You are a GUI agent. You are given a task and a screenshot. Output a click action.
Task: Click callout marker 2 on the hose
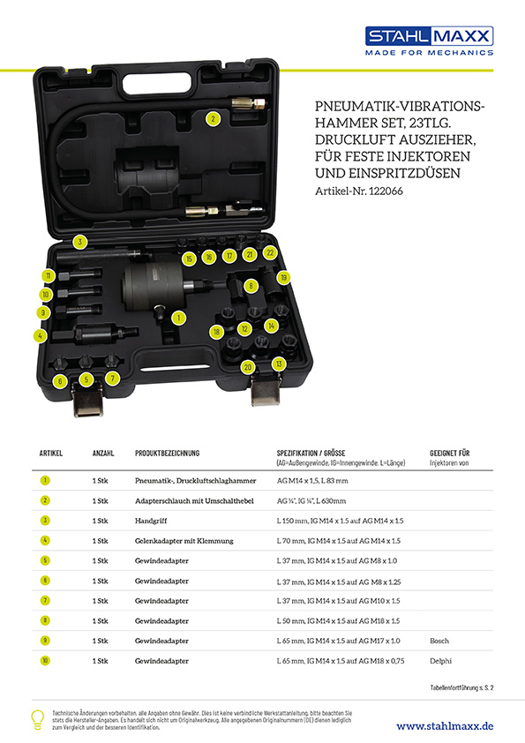click(x=213, y=117)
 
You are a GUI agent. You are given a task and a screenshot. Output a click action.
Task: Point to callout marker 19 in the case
click(x=283, y=277)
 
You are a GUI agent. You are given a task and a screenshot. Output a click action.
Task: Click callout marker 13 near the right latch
click(x=280, y=364)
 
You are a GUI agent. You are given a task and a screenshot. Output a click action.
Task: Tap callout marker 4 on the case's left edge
click(x=40, y=335)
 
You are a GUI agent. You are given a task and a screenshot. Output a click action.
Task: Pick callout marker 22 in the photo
click(x=270, y=253)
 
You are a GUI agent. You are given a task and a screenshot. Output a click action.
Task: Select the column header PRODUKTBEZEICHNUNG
click(x=167, y=454)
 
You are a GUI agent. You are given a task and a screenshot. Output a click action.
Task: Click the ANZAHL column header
click(x=103, y=454)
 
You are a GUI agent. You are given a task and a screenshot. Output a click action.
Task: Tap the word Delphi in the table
click(x=440, y=661)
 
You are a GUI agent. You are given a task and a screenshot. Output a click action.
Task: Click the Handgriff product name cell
click(x=155, y=521)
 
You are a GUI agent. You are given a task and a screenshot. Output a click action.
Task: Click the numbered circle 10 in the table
click(x=45, y=661)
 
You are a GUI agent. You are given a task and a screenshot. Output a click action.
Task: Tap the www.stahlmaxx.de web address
click(x=444, y=725)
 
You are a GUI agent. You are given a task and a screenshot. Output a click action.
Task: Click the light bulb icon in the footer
click(x=38, y=718)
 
